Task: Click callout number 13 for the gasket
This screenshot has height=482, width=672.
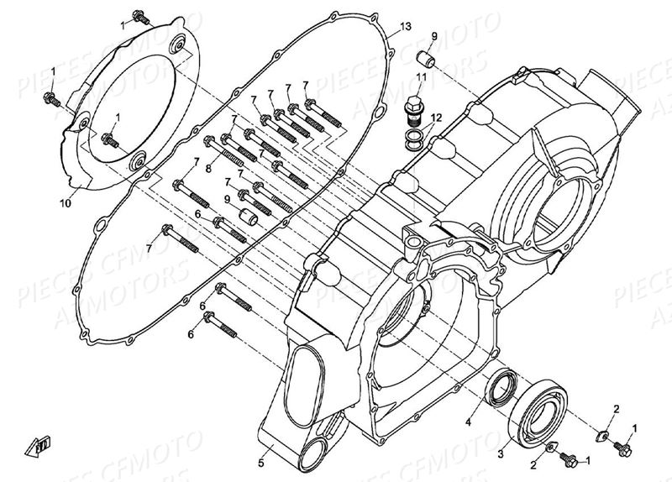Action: tap(406, 27)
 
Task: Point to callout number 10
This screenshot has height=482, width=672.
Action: tap(65, 202)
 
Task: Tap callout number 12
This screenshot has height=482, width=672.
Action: tap(434, 118)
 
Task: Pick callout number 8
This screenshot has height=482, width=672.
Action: tap(208, 169)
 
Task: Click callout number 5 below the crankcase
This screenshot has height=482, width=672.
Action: tap(261, 461)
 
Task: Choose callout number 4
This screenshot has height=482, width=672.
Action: tap(470, 424)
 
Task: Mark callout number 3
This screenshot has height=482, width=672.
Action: tap(501, 453)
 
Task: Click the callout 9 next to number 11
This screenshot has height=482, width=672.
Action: tap(434, 36)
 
